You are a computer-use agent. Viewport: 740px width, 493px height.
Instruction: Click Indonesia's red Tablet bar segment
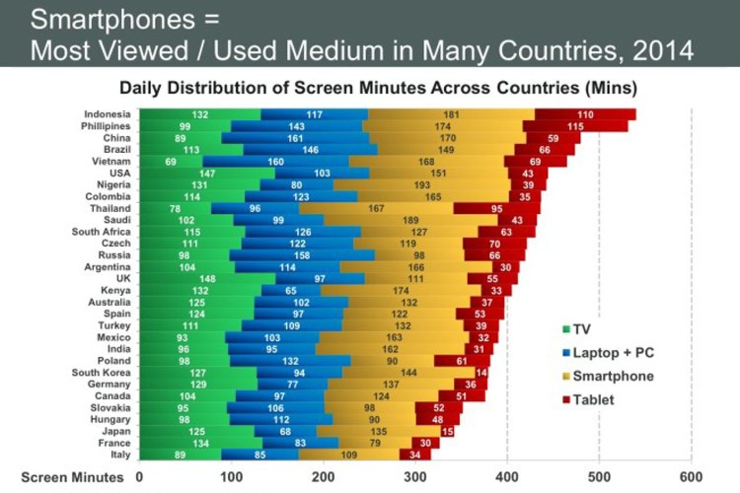click(x=585, y=115)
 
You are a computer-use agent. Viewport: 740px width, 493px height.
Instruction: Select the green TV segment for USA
click(x=207, y=173)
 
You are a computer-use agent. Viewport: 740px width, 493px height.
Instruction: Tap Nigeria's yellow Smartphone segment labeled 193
click(x=422, y=185)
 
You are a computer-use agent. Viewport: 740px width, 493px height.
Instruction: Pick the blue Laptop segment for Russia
click(x=302, y=255)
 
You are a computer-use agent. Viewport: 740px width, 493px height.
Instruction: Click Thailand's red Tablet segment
click(x=496, y=209)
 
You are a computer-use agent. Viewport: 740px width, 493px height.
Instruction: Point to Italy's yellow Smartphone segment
click(x=349, y=455)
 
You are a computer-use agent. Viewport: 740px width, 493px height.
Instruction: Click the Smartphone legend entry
click(x=613, y=376)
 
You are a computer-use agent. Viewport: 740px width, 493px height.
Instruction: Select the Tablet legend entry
click(x=593, y=400)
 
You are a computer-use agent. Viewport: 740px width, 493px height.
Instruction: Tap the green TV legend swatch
click(x=566, y=330)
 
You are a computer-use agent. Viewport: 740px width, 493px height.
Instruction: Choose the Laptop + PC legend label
click(x=613, y=353)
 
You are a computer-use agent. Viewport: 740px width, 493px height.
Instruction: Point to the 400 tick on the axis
click(x=507, y=477)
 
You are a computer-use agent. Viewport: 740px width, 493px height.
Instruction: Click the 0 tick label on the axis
click(x=139, y=477)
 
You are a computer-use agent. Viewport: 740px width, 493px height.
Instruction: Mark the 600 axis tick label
click(x=691, y=477)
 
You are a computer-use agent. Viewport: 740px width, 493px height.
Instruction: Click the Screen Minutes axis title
click(x=72, y=477)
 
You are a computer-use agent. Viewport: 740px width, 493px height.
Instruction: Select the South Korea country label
click(x=101, y=372)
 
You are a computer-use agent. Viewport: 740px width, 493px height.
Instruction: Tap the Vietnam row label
click(x=111, y=161)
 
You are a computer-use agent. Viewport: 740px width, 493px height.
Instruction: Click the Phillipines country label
click(x=106, y=126)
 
